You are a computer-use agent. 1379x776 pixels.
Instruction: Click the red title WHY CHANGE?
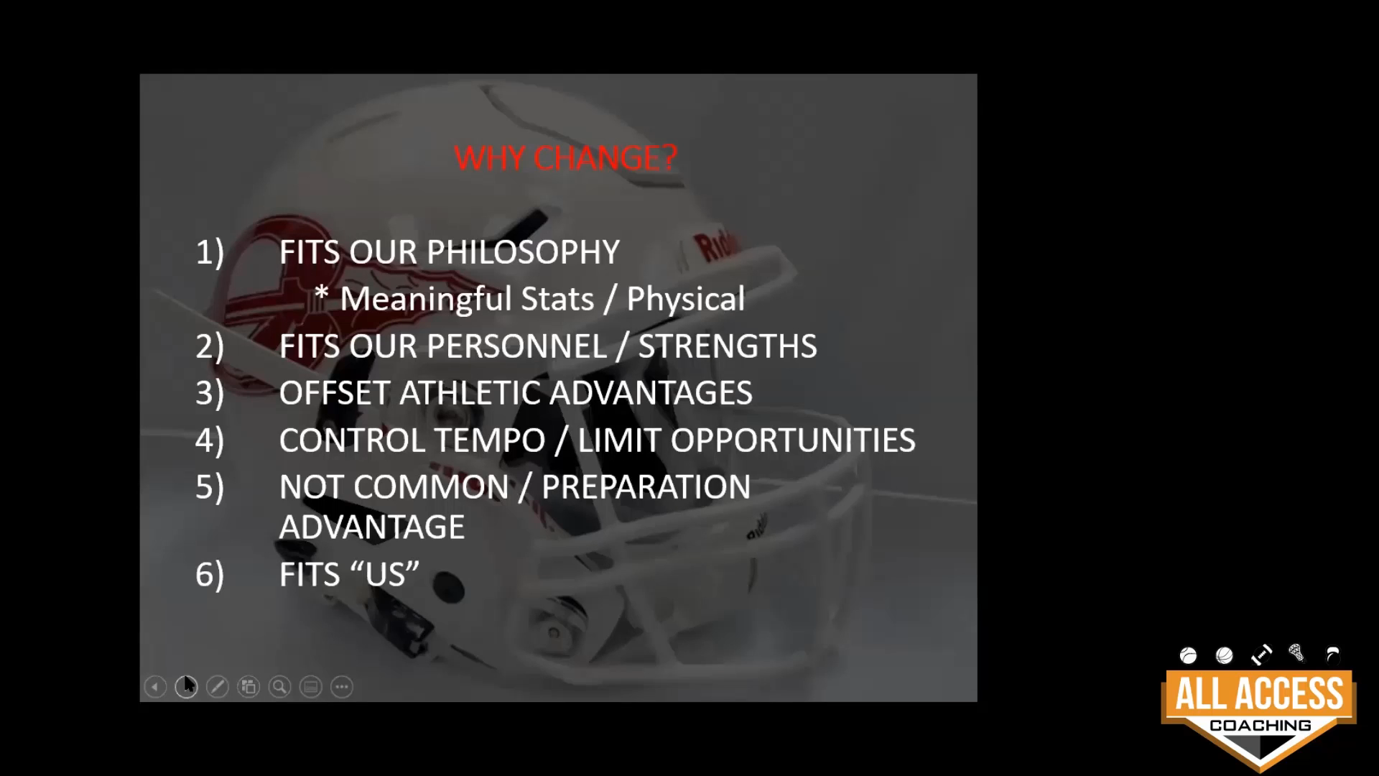(565, 157)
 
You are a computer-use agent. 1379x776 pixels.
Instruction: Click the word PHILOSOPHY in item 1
(523, 252)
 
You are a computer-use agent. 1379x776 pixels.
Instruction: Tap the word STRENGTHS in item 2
(728, 346)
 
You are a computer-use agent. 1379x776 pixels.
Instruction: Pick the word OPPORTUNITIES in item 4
(793, 440)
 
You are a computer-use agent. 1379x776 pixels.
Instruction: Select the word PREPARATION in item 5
(646, 487)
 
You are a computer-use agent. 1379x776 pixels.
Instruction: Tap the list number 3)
(210, 394)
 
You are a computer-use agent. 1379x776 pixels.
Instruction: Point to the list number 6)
(210, 575)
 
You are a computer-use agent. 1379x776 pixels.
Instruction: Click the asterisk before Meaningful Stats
(322, 295)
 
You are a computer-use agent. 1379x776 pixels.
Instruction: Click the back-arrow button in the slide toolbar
(155, 687)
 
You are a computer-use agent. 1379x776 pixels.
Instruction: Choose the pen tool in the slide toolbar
(217, 687)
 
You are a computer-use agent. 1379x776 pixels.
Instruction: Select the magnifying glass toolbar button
(279, 687)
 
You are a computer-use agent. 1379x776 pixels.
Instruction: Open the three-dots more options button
(342, 687)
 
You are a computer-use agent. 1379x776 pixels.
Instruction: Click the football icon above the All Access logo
(1261, 655)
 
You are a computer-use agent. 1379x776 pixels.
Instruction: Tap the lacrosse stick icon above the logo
(1297, 652)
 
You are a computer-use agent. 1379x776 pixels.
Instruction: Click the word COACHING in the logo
(1260, 726)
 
